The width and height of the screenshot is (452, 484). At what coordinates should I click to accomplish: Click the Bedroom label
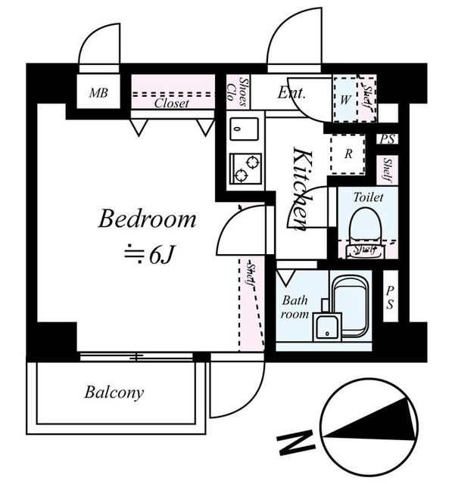coord(147,219)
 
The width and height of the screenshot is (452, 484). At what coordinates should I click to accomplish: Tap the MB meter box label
coord(98,92)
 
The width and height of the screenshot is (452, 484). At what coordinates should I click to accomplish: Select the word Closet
coord(171,103)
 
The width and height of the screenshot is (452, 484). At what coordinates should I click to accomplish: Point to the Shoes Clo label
coord(238,92)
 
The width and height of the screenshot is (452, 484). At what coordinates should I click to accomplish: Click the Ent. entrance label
coord(291,92)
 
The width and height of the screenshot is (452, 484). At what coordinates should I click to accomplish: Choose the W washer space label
coord(345,99)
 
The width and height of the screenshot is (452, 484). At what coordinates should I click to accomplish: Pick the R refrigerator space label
coord(348,154)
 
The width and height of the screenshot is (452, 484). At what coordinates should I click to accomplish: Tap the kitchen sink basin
coord(244,129)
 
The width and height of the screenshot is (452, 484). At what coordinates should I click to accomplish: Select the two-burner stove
coord(245,169)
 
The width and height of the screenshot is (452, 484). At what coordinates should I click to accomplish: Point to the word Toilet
coord(368,197)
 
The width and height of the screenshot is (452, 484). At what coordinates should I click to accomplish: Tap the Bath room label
coord(295,307)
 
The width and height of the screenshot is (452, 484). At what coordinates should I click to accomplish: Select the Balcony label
coord(114,392)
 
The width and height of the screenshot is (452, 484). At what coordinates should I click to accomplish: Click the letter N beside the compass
coord(296,443)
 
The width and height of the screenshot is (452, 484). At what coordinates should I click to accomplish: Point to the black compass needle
coord(371,420)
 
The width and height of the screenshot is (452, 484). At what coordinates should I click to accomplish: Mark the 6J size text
coord(151,254)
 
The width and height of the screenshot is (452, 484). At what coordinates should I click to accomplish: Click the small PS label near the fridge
coord(388,139)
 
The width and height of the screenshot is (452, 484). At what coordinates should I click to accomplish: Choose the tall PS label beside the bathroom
coord(390,297)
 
